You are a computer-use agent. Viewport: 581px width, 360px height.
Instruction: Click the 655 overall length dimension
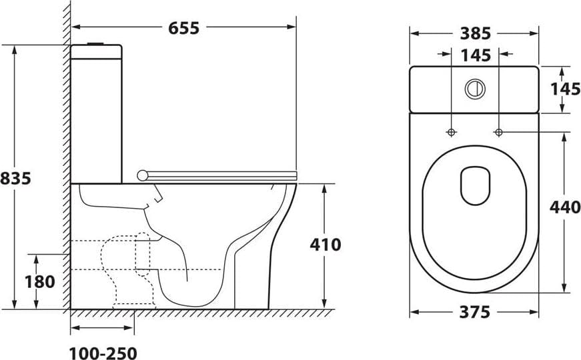coord(184,28)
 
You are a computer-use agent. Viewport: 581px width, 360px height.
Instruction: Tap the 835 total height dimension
coord(15,179)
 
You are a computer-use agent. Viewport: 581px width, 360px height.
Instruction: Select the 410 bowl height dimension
coord(326,245)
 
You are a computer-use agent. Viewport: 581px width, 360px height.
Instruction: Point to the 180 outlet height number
coord(40,282)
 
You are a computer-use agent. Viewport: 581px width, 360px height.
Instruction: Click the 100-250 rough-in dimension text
coord(103,353)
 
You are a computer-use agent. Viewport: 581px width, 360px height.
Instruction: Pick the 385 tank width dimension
coord(476,34)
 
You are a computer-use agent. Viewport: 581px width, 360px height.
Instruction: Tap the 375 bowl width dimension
coord(475,312)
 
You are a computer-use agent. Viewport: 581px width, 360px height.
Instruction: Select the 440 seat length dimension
coord(565,207)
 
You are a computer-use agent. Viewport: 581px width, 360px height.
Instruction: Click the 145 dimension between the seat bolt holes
coord(476,55)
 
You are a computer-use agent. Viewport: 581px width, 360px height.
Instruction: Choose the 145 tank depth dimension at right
coord(566,89)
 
